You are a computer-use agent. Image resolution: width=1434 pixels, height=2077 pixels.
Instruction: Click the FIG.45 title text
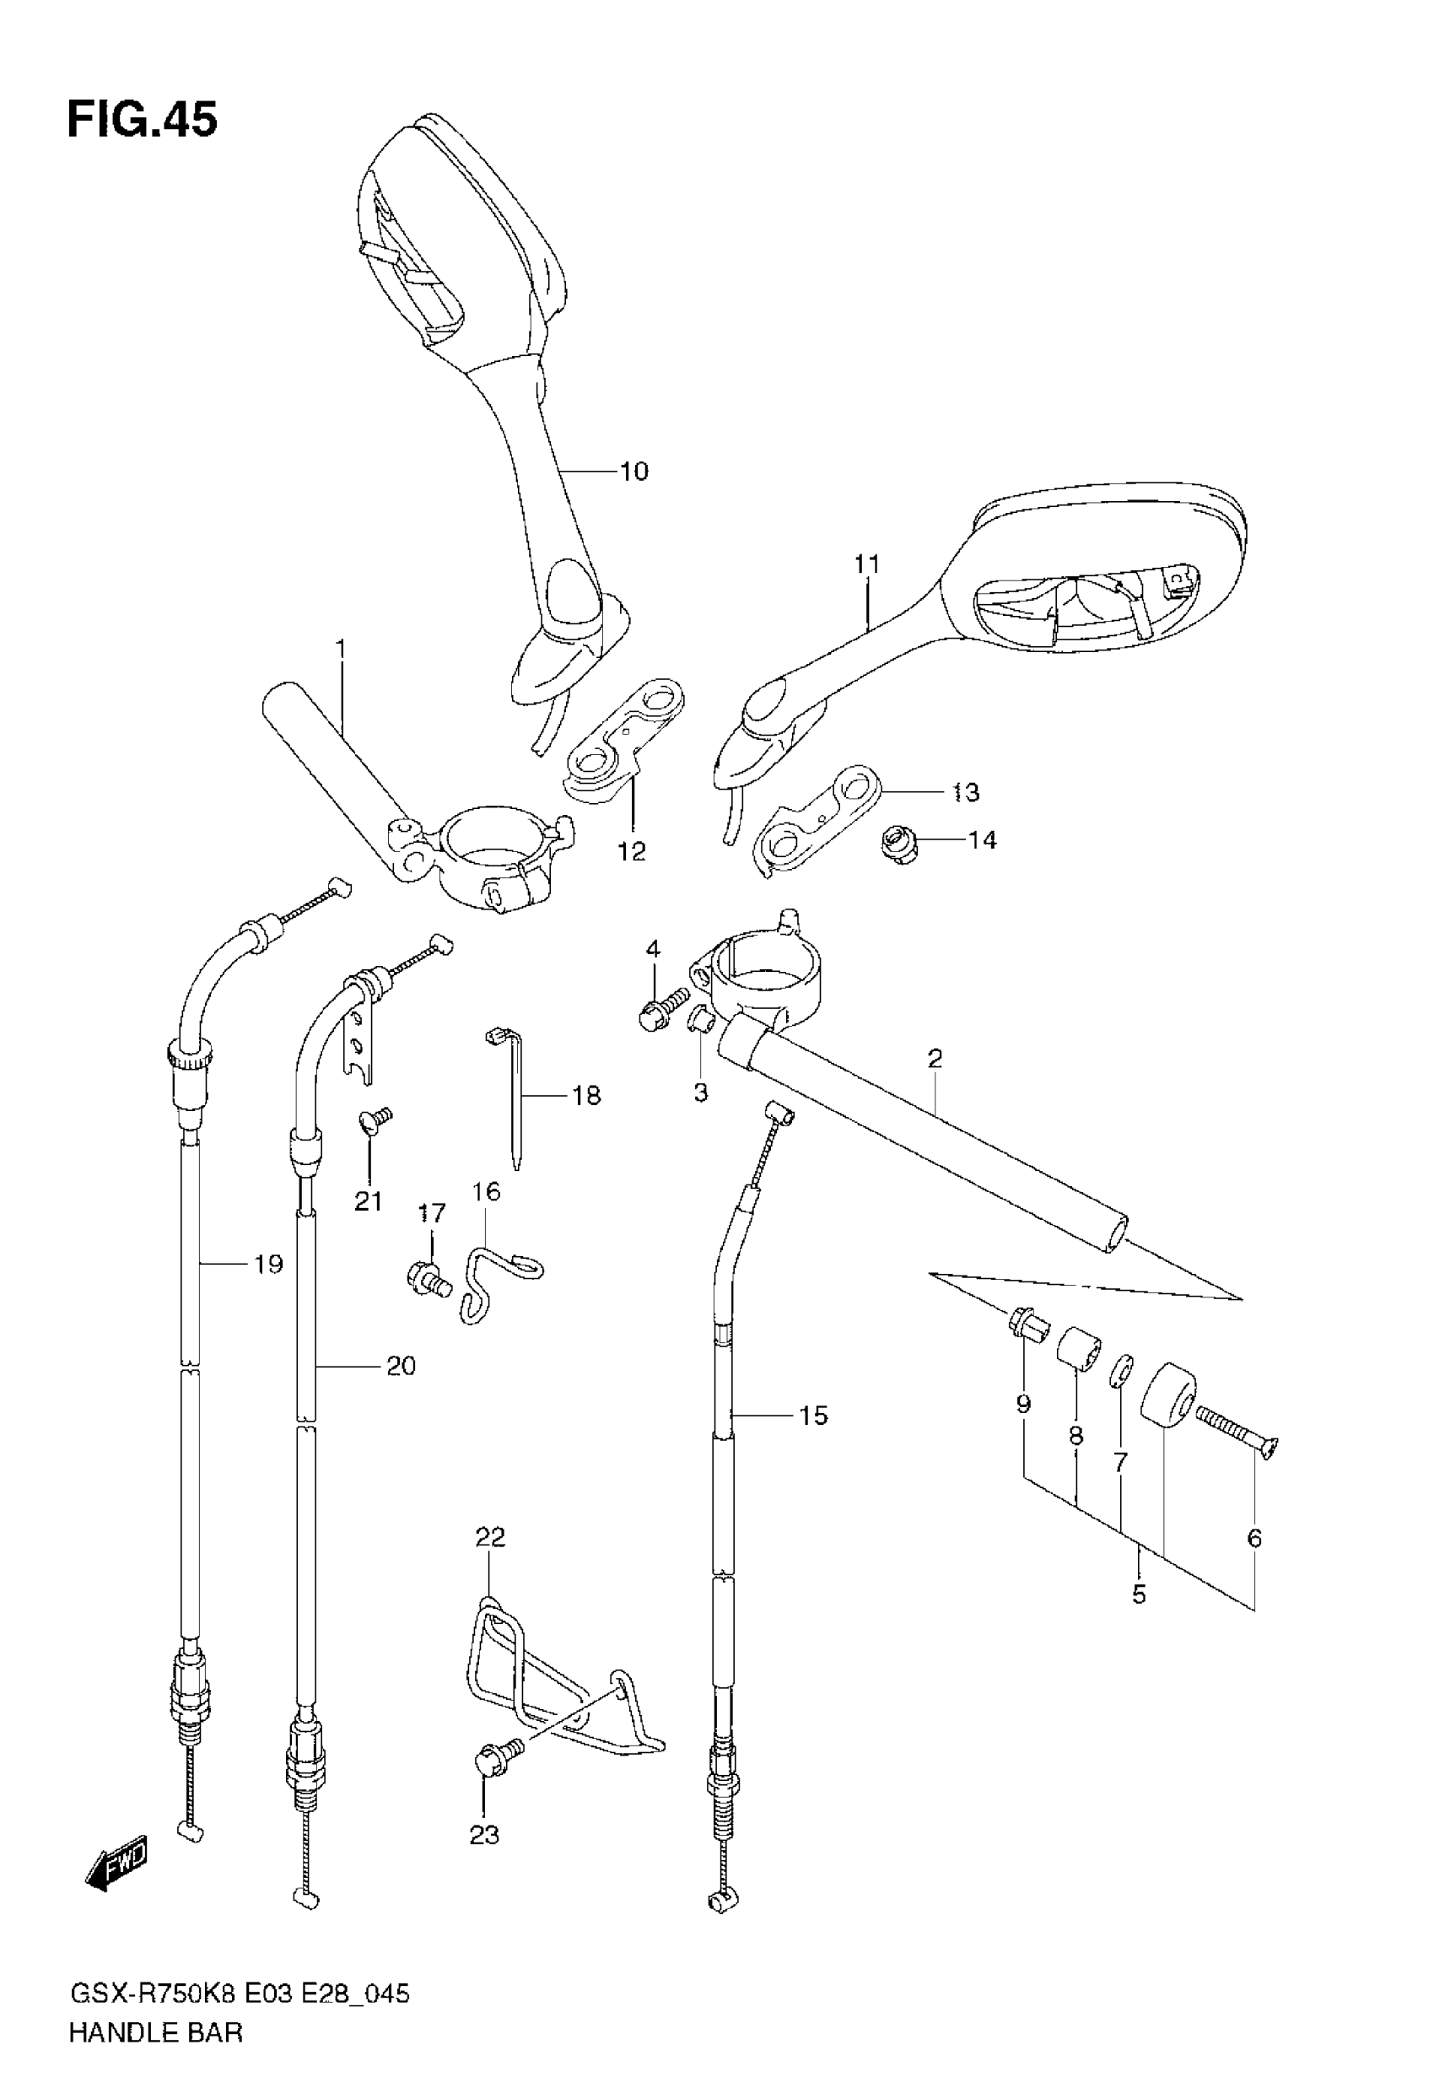pos(142,120)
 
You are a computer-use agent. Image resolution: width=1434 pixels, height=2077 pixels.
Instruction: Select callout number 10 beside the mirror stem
pos(634,471)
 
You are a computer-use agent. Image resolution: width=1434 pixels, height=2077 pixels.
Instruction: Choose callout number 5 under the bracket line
pos(1139,1594)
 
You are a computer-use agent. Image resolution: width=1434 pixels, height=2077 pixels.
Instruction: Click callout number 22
pos(491,1537)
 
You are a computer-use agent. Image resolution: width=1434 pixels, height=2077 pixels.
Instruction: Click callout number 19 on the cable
pos(267,1264)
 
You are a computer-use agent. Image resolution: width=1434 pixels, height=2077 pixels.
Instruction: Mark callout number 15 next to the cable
pos(812,1415)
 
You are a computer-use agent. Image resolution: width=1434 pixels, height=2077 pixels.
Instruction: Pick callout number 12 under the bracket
pos(632,850)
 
